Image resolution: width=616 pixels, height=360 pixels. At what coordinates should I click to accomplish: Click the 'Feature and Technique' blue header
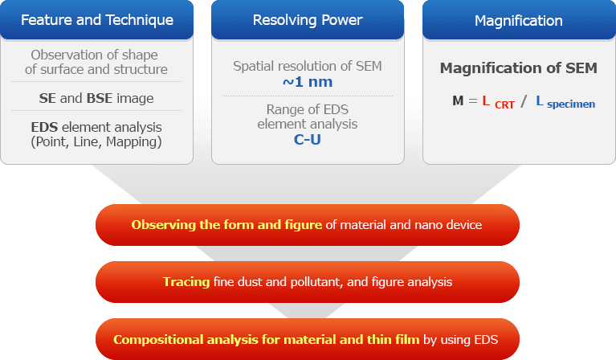(x=96, y=19)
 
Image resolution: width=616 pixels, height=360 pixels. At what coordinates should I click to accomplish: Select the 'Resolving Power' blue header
(x=308, y=19)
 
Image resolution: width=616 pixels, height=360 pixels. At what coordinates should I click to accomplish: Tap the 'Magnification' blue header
(x=518, y=19)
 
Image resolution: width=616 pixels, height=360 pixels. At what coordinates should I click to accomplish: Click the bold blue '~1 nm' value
(x=307, y=82)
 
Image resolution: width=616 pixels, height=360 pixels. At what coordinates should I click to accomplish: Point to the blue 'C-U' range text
(x=307, y=139)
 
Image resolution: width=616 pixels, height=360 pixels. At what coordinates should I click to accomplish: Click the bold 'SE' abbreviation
(x=47, y=98)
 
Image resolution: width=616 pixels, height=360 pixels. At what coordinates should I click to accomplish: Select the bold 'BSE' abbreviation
(x=100, y=98)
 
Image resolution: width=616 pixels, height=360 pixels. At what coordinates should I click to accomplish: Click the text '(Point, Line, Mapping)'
(x=96, y=142)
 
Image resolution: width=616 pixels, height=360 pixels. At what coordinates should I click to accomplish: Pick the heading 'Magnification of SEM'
(x=518, y=68)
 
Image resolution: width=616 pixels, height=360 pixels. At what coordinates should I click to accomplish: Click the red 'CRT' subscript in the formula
(x=504, y=104)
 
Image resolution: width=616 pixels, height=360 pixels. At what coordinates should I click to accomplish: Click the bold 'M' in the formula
(x=458, y=101)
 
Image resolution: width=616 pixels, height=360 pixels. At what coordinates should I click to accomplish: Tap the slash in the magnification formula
(x=524, y=101)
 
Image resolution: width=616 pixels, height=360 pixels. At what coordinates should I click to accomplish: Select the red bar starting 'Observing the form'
(x=307, y=225)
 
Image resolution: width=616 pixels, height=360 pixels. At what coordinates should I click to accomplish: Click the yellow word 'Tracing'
(x=186, y=282)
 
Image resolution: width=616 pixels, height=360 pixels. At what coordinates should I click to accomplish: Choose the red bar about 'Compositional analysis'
(x=307, y=339)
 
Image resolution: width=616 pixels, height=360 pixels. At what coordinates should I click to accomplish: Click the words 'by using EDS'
(x=461, y=339)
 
